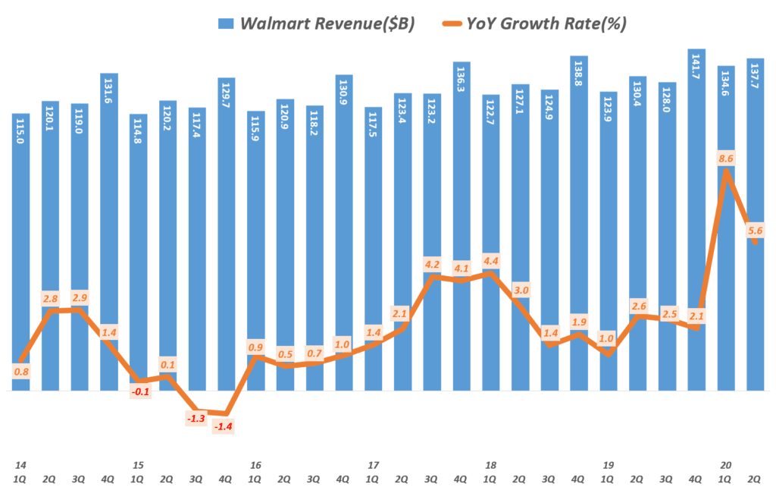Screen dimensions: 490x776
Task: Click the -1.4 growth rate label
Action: click(224, 427)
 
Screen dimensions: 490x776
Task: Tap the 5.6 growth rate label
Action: click(756, 231)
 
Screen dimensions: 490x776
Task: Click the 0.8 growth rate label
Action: click(21, 372)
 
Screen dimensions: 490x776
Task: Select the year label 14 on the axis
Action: click(20, 465)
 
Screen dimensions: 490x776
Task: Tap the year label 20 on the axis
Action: click(726, 465)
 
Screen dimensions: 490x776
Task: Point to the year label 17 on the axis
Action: click(373, 465)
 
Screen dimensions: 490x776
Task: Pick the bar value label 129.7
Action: click(225, 93)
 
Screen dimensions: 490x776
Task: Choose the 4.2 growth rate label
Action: click(433, 265)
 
